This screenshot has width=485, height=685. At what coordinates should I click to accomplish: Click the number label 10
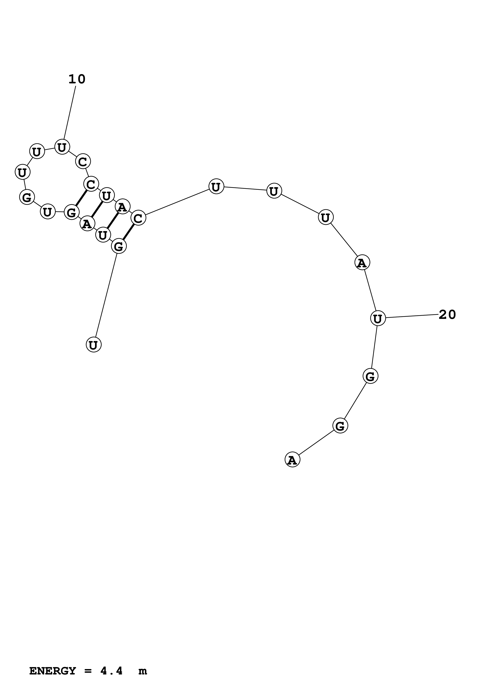coord(77,79)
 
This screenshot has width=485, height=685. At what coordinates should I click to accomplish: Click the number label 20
coord(447,315)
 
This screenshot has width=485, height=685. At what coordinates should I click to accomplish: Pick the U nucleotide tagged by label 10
coord(62,147)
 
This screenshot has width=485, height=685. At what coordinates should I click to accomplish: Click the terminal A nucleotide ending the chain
coord(292,460)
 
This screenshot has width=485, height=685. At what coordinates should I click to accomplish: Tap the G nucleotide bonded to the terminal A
coord(340,426)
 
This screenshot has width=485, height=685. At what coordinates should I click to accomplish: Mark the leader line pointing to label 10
coord(70,113)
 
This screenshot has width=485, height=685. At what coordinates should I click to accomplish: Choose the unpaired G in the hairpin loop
coord(27,197)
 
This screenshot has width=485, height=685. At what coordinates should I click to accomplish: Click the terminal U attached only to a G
coord(94,345)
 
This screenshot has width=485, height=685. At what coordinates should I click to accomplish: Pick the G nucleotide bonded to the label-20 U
coord(370,376)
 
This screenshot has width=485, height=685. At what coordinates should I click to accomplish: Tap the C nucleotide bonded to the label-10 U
coord(83,162)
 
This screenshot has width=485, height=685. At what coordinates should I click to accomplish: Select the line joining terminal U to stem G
coord(106,296)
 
